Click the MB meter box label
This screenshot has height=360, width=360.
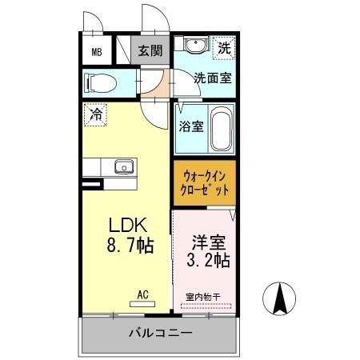pyautogui.click(x=97, y=54)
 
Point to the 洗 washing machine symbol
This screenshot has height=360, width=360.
pyautogui.click(x=225, y=48)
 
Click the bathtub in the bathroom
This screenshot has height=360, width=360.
pyautogui.click(x=222, y=130)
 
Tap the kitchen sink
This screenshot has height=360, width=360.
pyautogui.click(x=124, y=167)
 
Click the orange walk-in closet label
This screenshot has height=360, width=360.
pyautogui.click(x=204, y=184)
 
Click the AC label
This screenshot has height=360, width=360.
pyautogui.click(x=142, y=294)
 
